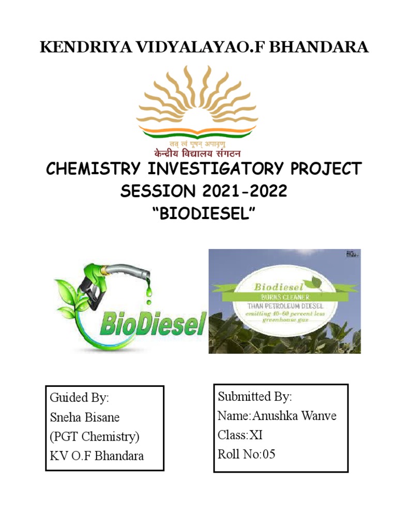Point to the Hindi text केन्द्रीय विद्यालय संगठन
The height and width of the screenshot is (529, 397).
tap(197, 153)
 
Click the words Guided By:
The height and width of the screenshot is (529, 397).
tap(79, 398)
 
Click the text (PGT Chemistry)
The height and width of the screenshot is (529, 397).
tap(95, 437)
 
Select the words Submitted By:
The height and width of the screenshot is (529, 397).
tap(255, 397)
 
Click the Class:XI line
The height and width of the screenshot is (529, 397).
tap(240, 435)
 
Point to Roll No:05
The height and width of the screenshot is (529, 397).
tap(247, 454)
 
